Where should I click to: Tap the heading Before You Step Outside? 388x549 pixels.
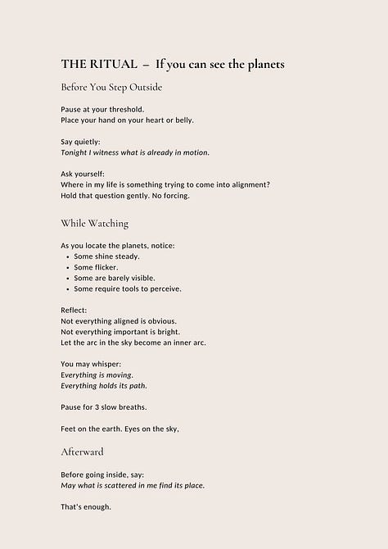111,87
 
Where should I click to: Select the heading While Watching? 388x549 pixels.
94,223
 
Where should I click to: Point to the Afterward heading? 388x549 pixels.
82,451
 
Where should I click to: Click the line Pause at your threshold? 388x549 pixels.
102,109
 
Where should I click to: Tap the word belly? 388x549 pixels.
183,120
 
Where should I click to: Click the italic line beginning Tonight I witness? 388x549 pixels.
135,152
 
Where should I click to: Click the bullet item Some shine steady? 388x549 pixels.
106,256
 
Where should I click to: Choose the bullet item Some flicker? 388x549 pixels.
96,267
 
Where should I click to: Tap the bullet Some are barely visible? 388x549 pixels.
114,278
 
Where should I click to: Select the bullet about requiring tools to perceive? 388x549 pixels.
127,288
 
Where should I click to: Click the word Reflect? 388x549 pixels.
75,311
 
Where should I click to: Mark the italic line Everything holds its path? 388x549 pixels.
104,385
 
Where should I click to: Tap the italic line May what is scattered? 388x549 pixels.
133,485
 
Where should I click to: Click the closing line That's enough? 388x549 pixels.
85,506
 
